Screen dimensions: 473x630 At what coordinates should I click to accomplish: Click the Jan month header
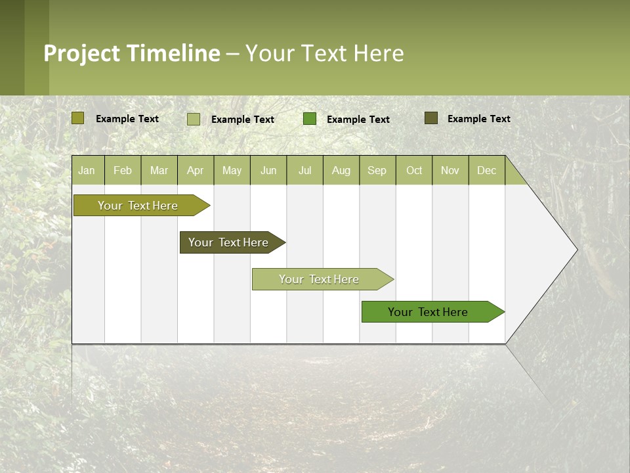click(x=87, y=170)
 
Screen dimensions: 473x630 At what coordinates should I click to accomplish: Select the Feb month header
click(x=123, y=170)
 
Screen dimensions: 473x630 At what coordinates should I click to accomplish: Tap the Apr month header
click(x=196, y=170)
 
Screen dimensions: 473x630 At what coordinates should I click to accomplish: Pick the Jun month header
click(x=268, y=170)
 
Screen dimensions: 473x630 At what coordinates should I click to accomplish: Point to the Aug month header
click(x=341, y=170)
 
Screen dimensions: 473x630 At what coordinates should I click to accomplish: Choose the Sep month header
click(x=377, y=170)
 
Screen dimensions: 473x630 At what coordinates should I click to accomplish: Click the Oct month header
click(x=414, y=170)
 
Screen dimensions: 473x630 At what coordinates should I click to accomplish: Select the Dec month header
click(x=487, y=170)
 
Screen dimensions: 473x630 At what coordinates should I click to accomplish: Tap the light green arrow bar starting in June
click(x=320, y=279)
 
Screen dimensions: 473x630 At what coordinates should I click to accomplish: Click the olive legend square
click(x=77, y=118)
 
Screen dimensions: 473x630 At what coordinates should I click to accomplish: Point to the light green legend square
click(x=193, y=119)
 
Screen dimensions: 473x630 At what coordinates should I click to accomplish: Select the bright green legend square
click(x=310, y=119)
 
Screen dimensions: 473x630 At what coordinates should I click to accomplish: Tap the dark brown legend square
click(x=431, y=118)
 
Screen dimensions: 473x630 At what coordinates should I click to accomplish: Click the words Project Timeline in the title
click(x=131, y=53)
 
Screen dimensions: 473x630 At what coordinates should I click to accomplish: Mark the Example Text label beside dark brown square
click(x=478, y=119)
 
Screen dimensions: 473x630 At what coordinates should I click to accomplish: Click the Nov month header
click(x=450, y=170)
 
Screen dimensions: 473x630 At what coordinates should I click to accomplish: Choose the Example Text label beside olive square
click(x=127, y=119)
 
